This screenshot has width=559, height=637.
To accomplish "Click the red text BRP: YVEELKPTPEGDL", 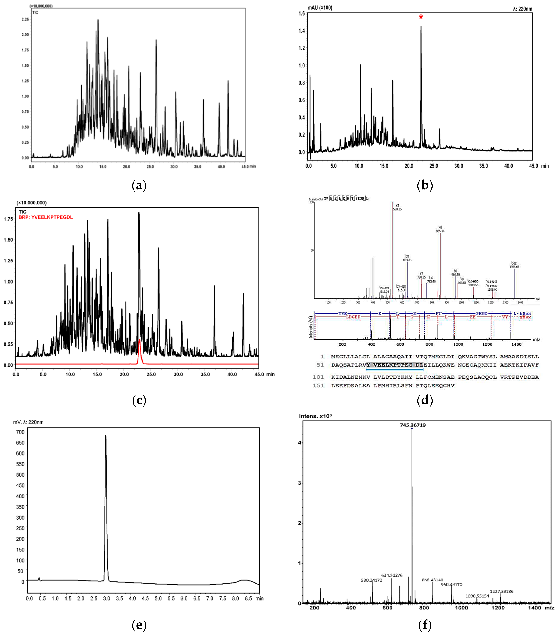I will (x=46, y=217).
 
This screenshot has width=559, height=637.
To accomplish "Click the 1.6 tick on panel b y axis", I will (x=301, y=13).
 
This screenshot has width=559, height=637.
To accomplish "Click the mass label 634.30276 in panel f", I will (x=392, y=575).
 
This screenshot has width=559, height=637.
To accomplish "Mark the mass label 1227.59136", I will (x=502, y=591).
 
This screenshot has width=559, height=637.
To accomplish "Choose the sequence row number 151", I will (x=318, y=385).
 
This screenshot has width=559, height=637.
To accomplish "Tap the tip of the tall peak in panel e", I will (x=106, y=436).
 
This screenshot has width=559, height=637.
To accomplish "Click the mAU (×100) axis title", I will (x=320, y=8).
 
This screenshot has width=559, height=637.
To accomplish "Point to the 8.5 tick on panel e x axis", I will (x=248, y=598).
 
